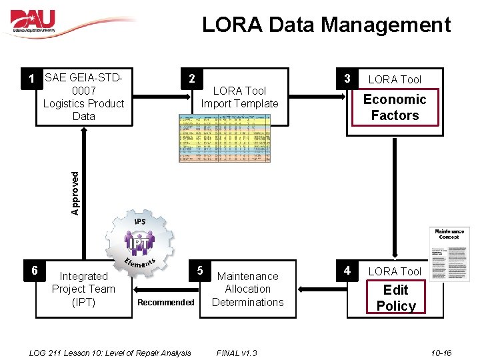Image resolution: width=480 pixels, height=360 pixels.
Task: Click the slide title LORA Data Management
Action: (x=327, y=25)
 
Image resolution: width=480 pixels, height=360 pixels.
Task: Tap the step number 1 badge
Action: (x=31, y=79)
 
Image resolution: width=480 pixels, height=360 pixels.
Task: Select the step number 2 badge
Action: (x=191, y=79)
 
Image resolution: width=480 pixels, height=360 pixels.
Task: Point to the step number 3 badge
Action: (x=347, y=79)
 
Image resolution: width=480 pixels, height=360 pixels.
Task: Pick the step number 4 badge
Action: (x=347, y=271)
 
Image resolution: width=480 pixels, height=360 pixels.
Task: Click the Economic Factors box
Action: (x=395, y=107)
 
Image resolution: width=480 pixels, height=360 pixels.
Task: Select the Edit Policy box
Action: (x=395, y=298)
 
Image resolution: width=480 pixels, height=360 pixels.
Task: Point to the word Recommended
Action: (x=166, y=303)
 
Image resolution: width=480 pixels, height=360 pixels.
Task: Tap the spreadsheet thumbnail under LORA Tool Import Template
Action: (x=225, y=138)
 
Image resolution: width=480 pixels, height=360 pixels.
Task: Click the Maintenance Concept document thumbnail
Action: (x=451, y=254)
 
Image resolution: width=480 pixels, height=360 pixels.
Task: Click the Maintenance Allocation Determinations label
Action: (x=247, y=289)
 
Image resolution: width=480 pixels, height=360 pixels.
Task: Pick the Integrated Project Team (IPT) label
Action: (x=83, y=289)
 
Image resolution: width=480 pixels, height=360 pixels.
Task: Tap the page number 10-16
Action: (x=441, y=353)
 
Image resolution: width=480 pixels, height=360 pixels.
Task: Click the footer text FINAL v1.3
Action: (x=237, y=353)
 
